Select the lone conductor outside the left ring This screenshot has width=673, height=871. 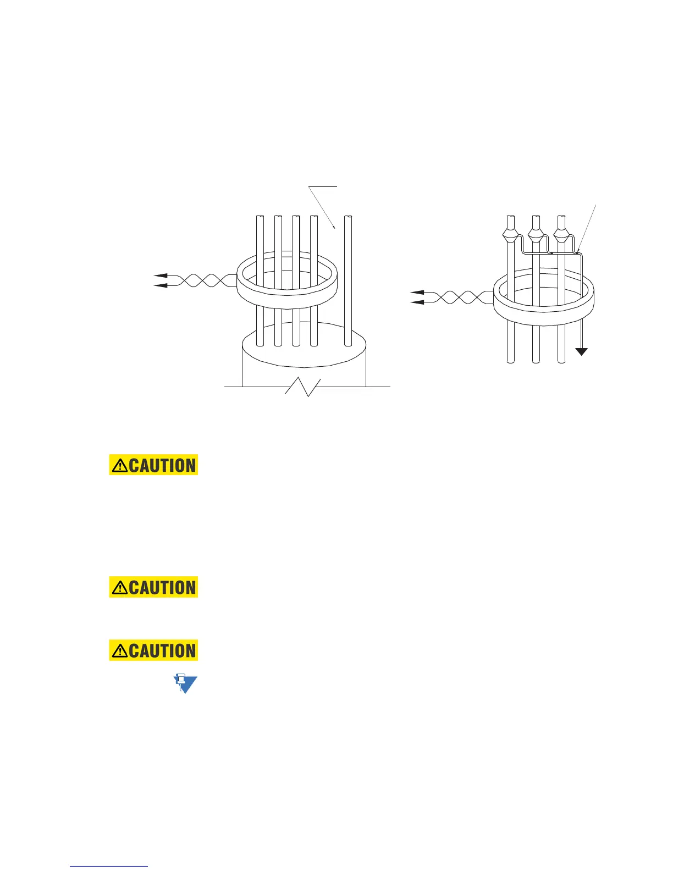tap(347, 280)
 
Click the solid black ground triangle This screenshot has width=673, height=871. tap(582, 352)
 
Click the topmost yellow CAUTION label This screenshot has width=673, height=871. tap(153, 465)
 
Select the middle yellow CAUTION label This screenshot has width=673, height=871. tap(153, 587)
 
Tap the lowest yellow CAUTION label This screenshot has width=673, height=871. tap(153, 651)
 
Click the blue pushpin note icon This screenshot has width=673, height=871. tap(185, 683)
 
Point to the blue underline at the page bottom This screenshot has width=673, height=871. tap(109, 866)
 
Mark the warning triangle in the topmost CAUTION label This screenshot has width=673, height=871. tap(119, 466)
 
